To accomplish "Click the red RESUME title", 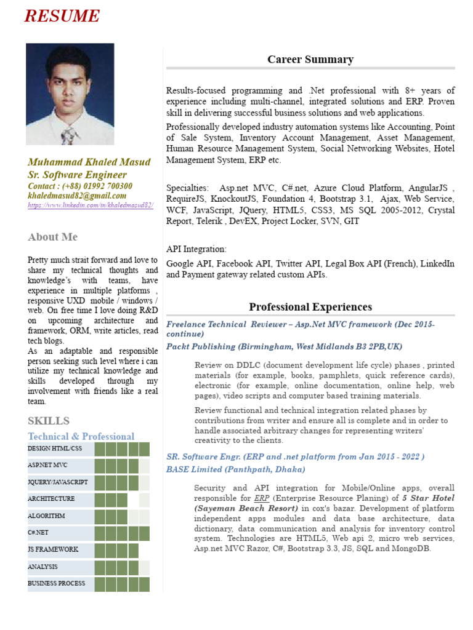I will click(x=62, y=16).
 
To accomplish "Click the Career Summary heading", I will click(x=310, y=60).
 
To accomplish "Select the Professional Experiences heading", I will click(x=310, y=307).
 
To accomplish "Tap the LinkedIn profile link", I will click(x=91, y=205).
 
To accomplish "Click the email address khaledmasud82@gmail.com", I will click(x=77, y=196).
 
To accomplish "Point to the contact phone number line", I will click(x=80, y=186).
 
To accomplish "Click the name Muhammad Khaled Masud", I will click(x=89, y=162).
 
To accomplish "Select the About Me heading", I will click(x=53, y=237).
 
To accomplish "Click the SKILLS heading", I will click(x=49, y=421).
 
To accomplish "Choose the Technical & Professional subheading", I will click(x=81, y=436).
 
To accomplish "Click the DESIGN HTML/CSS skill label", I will click(x=55, y=449).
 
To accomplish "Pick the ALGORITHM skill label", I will click(x=46, y=516).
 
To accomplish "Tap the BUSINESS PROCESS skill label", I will click(x=57, y=583).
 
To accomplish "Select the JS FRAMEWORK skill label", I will click(x=53, y=549).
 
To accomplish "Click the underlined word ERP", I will click(x=261, y=498).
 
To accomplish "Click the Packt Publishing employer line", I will click(x=285, y=347).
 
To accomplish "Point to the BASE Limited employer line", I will click(x=235, y=469).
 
